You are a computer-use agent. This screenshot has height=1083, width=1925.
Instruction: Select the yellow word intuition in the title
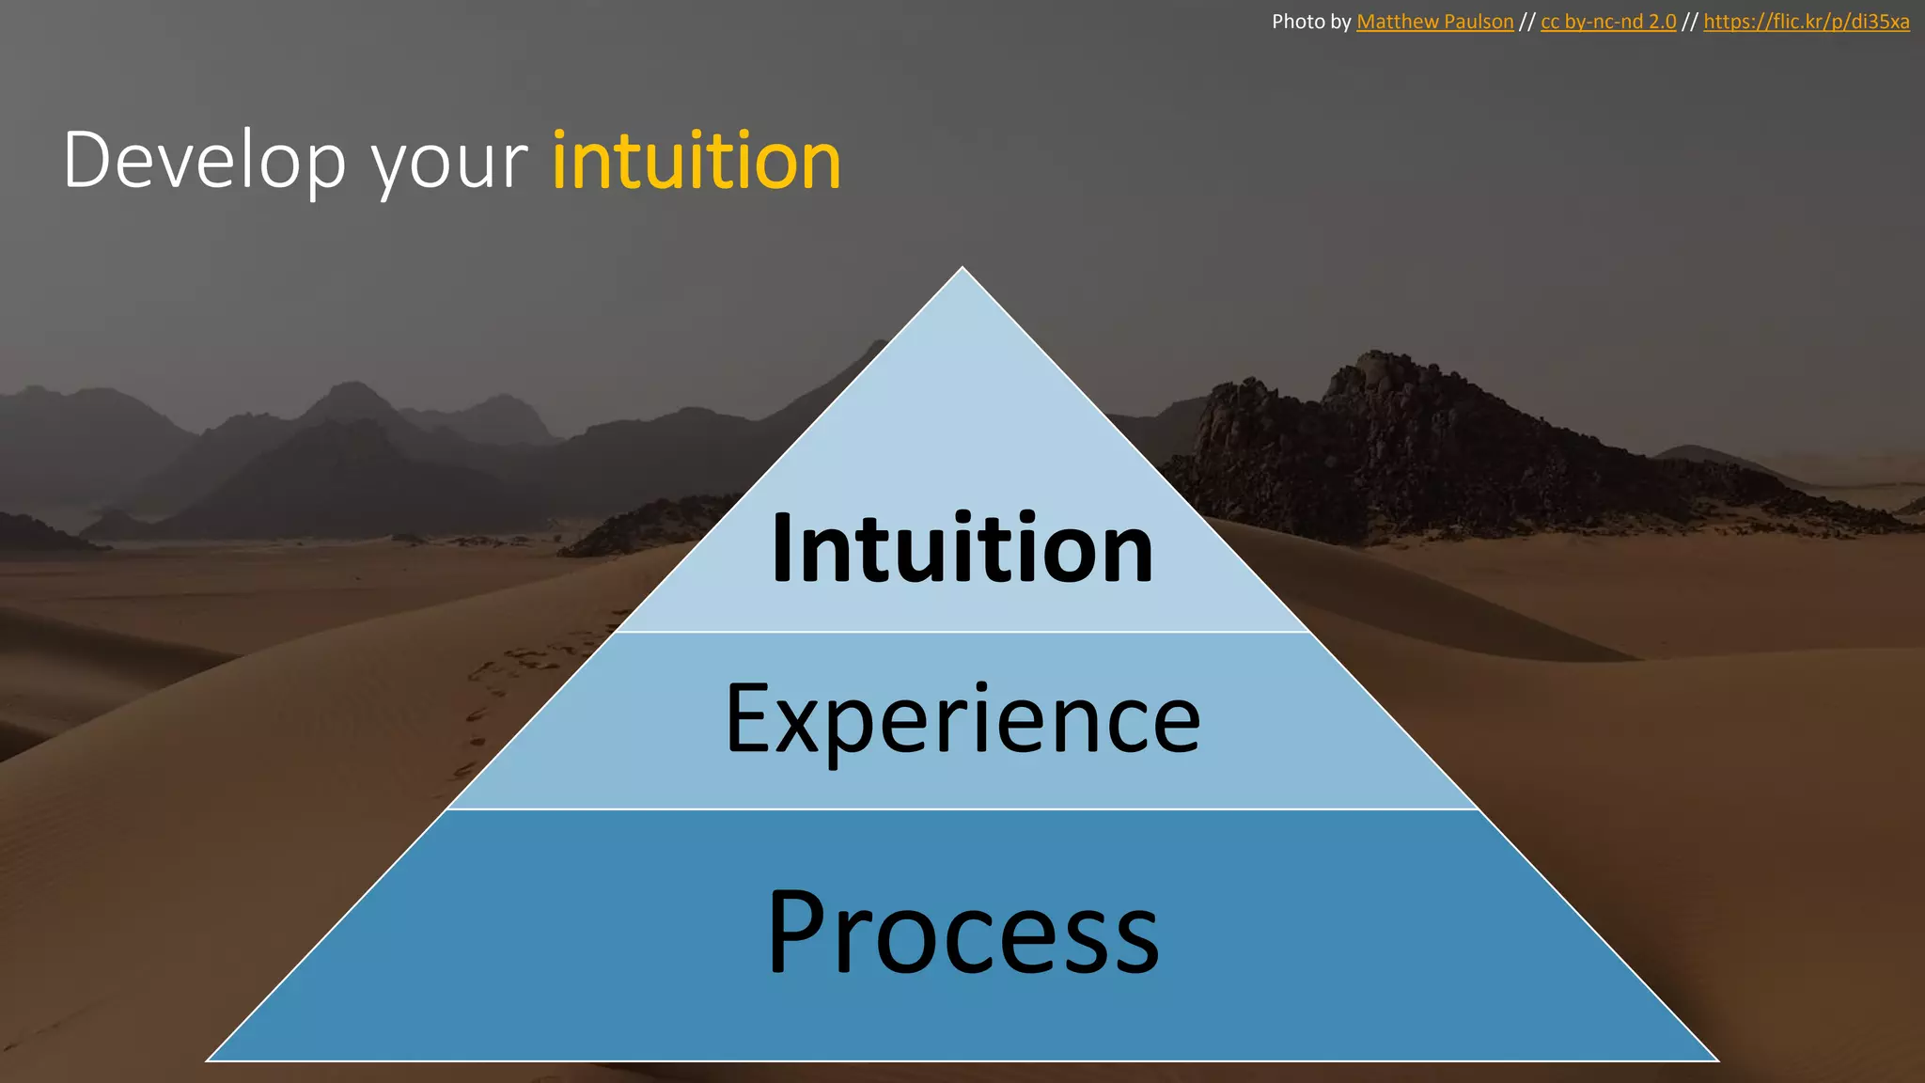coord(696,162)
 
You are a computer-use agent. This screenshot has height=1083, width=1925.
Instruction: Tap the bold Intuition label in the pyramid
coord(962,549)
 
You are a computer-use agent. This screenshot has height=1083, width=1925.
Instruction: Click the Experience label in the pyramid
coord(962,720)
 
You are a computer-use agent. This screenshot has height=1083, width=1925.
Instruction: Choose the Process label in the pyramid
coord(962,933)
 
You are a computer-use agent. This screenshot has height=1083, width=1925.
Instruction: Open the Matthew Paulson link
coord(1434,22)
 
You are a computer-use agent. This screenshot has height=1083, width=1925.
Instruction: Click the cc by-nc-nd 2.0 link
coord(1608,22)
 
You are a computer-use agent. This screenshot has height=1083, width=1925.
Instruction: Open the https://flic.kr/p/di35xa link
coord(1806,22)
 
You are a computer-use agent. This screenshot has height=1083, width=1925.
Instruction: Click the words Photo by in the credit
coord(1310,22)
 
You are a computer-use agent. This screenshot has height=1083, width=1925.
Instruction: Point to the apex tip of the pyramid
coord(962,270)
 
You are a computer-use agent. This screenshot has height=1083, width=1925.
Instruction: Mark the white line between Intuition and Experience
coord(962,632)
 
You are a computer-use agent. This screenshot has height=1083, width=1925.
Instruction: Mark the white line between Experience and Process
coord(962,808)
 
